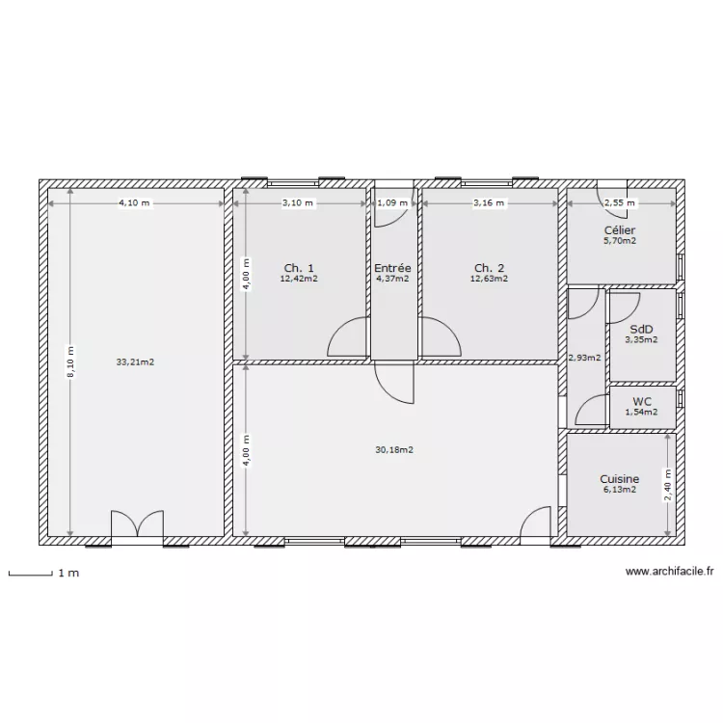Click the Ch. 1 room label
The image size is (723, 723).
coord(298,268)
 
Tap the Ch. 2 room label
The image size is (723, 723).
coord(489,268)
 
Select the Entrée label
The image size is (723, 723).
coord(392,268)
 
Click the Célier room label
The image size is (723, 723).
coord(619,230)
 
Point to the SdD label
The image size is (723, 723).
coord(641,329)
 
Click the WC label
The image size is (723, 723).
coord(642,402)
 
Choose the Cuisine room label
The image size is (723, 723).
coord(619,479)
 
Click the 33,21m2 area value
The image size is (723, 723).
coord(135,362)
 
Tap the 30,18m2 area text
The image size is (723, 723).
coord(394,449)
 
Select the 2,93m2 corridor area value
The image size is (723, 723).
coord(584,358)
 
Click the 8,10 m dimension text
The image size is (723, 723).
coord(69,362)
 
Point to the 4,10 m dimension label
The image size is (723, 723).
coord(135,203)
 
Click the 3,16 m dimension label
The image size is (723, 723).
coord(489,203)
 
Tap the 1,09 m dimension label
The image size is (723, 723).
coord(392,203)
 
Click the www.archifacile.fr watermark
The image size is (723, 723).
coord(669,572)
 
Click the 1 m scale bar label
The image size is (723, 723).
coord(67,574)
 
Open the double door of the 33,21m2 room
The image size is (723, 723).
coord(137,525)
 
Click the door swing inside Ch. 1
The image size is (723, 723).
coord(347,339)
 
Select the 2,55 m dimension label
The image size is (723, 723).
coord(619,203)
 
